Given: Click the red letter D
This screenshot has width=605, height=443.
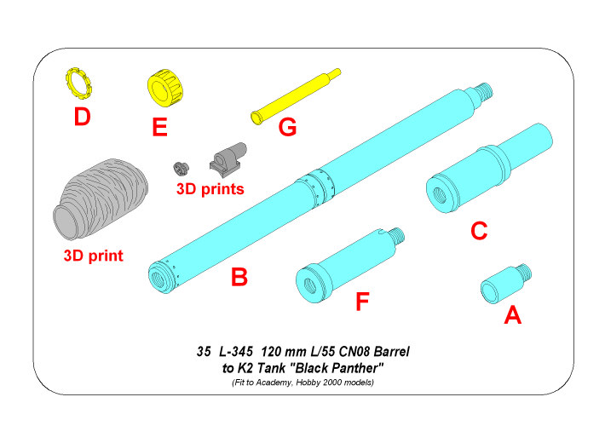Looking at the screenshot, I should pos(82,117).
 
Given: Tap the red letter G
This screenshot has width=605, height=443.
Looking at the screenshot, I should pos(287,127).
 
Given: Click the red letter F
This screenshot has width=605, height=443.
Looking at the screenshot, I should pos(362,302).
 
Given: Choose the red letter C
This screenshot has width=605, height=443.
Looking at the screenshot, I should pos(479,230).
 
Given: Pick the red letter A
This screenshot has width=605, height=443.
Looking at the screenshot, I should pos(512,316).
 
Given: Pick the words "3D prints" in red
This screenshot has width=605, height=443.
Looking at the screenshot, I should pos(210,188).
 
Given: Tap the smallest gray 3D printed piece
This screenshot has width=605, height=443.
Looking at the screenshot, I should pos(180,167).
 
